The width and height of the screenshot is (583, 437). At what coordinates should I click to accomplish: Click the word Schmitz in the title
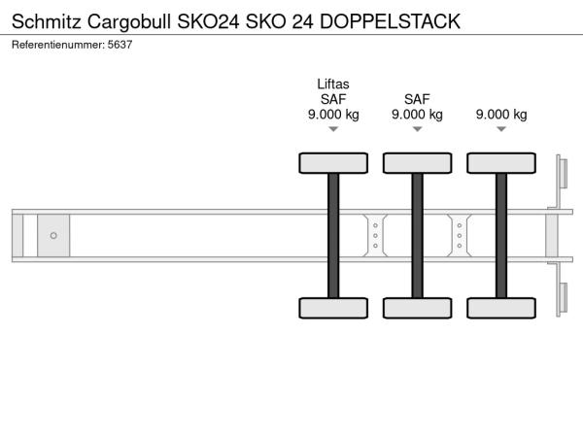[47, 21]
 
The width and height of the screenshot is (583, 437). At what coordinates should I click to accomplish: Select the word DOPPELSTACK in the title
[390, 21]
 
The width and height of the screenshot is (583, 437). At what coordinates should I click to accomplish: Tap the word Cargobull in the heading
[129, 22]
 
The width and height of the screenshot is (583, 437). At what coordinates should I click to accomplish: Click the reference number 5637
[120, 45]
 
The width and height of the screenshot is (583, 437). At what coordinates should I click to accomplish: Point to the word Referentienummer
[58, 45]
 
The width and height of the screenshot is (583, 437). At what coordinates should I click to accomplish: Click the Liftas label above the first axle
[333, 84]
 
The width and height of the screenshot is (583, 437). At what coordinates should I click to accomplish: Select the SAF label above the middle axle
[417, 99]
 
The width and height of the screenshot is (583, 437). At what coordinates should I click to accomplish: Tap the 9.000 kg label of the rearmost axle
[501, 115]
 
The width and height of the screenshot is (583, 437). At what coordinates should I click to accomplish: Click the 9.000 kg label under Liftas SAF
[333, 115]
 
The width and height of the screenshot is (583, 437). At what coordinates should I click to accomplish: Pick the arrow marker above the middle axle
[417, 129]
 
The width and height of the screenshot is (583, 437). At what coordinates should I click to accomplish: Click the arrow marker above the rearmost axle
[501, 129]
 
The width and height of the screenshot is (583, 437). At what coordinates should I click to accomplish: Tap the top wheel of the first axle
[333, 163]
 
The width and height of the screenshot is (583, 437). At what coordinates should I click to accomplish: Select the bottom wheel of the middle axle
[418, 308]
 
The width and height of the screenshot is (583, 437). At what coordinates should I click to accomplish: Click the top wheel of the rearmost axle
[501, 163]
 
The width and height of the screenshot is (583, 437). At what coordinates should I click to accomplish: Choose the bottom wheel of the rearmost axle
[501, 308]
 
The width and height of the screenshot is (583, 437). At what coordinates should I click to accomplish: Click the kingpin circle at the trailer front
[53, 236]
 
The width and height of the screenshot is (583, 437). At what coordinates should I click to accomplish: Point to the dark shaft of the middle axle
[418, 236]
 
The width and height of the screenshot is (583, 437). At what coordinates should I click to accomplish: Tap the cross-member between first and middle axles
[375, 236]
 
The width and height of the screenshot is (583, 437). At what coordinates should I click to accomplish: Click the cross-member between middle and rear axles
[460, 236]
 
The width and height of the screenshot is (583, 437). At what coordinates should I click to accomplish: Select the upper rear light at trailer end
[563, 174]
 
